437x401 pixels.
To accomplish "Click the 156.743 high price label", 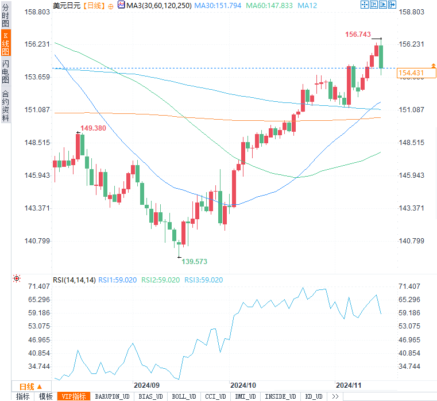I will [x=358, y=35].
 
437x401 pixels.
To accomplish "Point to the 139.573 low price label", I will [x=195, y=262].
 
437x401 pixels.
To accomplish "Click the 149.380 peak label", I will [x=93, y=128].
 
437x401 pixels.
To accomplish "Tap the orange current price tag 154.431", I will [x=411, y=72].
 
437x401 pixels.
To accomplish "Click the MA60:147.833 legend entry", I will [x=269, y=5].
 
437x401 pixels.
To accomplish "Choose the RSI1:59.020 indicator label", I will [x=117, y=280].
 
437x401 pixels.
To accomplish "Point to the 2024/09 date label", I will [x=146, y=384].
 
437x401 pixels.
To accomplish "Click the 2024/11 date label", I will [x=349, y=384].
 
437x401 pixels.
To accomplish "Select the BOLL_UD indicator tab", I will [x=184, y=396].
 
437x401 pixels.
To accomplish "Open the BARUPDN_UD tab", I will [x=112, y=396].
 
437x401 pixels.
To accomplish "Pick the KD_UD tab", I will [x=314, y=396].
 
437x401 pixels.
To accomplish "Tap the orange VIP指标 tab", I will [x=74, y=396].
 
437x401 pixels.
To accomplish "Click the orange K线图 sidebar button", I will [x=5, y=43].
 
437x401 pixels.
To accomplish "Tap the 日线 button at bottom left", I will [x=27, y=387].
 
